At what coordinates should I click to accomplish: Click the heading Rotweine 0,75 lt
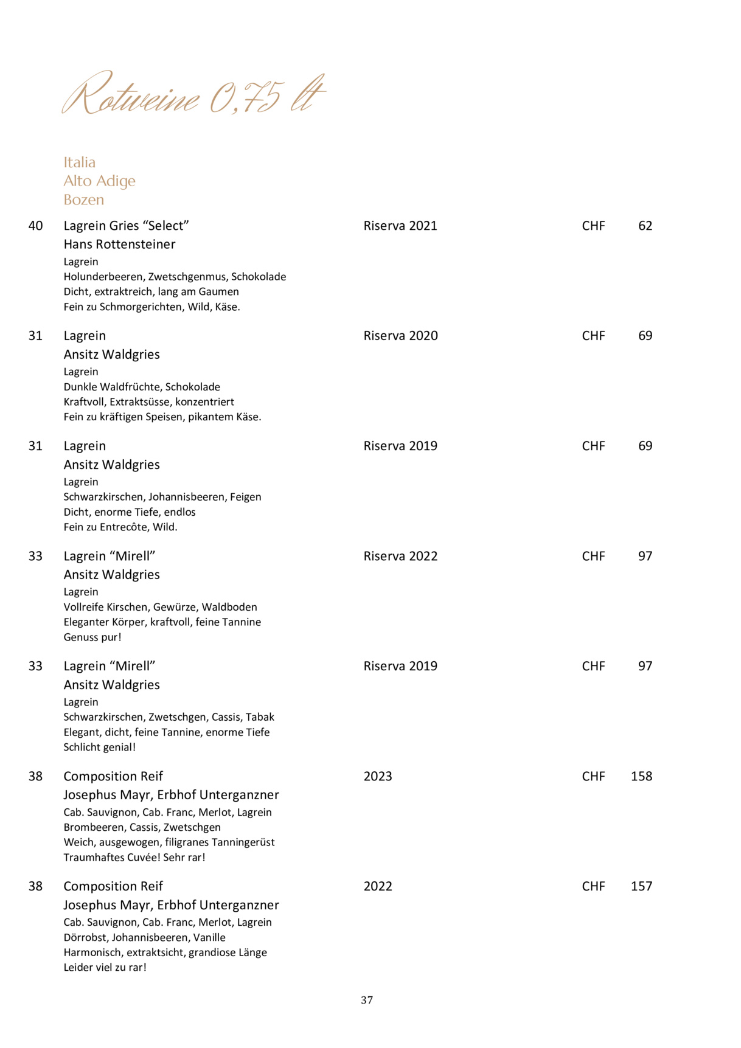193,95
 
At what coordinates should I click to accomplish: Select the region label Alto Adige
99,181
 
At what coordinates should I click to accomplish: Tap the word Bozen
84,200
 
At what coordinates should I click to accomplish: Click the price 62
645,226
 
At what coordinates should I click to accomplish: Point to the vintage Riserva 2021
400,226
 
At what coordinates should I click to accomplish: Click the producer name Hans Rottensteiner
119,245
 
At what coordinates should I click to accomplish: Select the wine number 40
36,226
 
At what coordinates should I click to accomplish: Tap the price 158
641,777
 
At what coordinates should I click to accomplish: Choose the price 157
641,887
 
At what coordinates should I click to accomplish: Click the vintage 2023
378,777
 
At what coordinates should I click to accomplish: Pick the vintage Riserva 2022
400,557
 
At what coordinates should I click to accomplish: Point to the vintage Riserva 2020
400,336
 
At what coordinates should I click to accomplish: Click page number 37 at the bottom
367,1001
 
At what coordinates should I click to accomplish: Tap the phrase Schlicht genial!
100,748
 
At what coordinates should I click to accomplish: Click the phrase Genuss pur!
92,637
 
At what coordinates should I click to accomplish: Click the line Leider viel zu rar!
105,968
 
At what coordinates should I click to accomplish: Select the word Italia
80,162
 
